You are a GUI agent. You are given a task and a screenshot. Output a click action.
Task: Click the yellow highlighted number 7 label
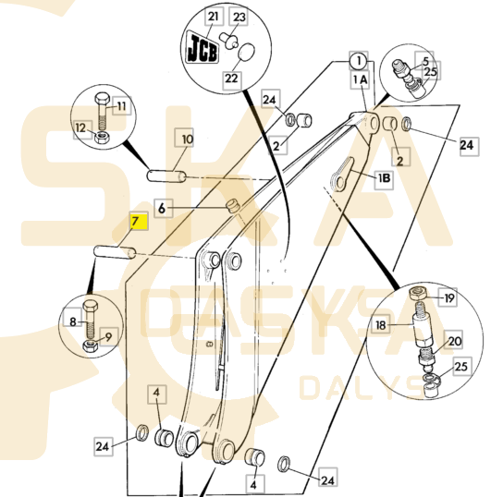[x=140, y=222]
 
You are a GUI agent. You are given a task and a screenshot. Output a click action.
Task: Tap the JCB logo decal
[x=203, y=47]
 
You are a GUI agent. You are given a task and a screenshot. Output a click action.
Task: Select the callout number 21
[x=215, y=16]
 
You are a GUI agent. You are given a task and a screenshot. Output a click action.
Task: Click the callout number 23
[x=239, y=17]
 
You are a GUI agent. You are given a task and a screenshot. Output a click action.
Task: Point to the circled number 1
[x=359, y=61]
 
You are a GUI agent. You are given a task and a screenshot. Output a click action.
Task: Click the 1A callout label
[x=361, y=79]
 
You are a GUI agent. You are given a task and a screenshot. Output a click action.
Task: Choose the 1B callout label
[x=384, y=178]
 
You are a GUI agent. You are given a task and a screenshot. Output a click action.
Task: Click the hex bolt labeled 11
[x=102, y=109]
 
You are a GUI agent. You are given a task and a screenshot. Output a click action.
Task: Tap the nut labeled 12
[x=102, y=138]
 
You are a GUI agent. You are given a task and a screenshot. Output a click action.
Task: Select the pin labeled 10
[x=166, y=176]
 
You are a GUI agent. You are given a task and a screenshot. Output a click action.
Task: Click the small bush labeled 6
[x=233, y=206]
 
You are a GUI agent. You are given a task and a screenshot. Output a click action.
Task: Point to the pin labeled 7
[x=115, y=252]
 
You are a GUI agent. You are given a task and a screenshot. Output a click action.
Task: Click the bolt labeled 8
[x=90, y=319]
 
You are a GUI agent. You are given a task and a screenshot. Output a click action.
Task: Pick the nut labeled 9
[x=91, y=345]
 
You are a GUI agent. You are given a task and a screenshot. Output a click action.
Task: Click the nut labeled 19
[x=417, y=294]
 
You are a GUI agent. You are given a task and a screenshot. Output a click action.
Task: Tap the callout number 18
[x=381, y=325]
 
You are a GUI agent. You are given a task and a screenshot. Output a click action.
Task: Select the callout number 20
[x=454, y=341]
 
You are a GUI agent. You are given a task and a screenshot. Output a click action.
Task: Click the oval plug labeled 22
[x=246, y=52]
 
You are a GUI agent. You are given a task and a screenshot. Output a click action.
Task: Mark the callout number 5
[x=425, y=61]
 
